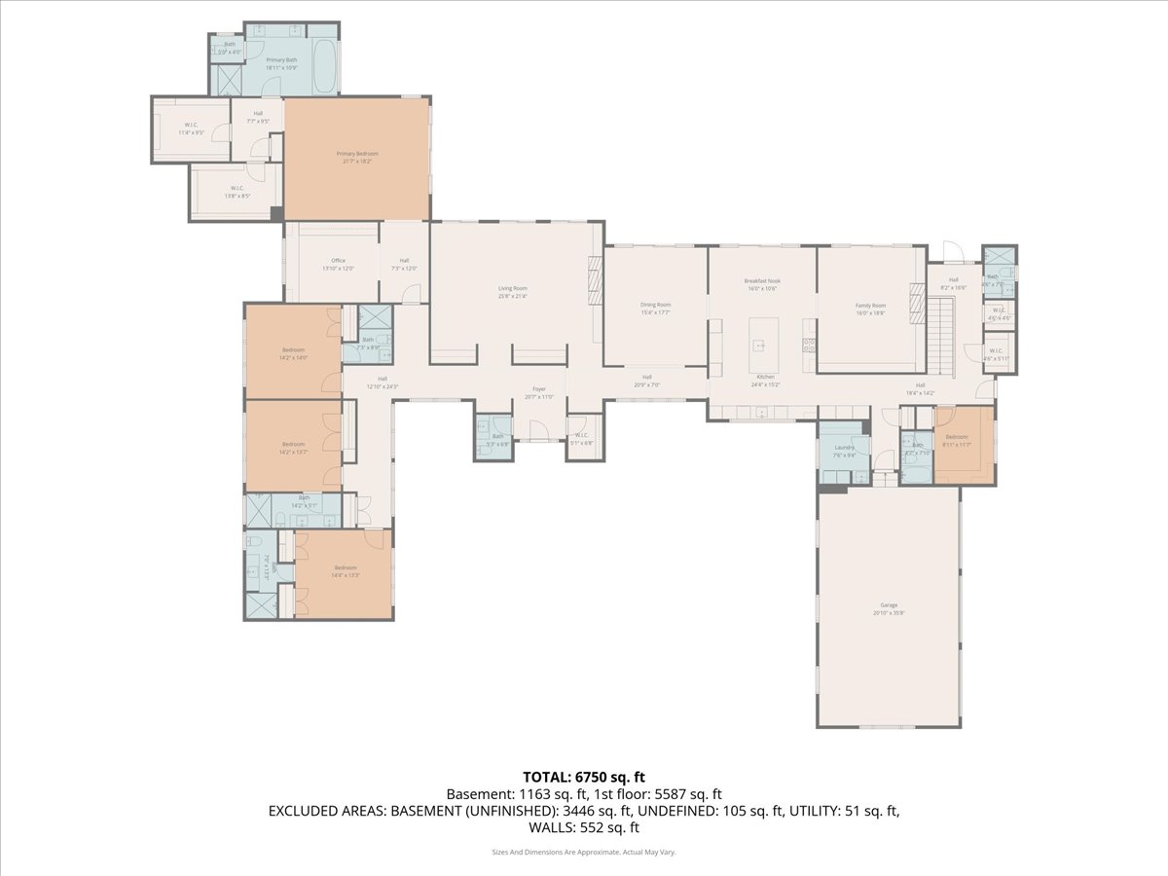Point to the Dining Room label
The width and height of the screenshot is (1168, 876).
pyautogui.click(x=655, y=308)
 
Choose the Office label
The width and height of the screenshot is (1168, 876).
pyautogui.click(x=338, y=264)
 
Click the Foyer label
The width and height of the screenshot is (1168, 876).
pyautogui.click(x=538, y=392)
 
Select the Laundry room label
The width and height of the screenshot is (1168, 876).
pyautogui.click(x=844, y=451)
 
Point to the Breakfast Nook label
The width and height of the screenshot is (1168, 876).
pyautogui.click(x=763, y=284)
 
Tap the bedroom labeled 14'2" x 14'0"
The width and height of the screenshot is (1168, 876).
pyautogui.click(x=293, y=353)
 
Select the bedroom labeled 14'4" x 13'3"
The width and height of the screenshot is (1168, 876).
pyautogui.click(x=346, y=570)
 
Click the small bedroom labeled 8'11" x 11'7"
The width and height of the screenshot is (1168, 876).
pyautogui.click(x=957, y=440)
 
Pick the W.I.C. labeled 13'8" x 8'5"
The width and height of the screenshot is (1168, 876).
pyautogui.click(x=237, y=192)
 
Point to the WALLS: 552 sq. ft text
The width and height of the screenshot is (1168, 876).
pyautogui.click(x=584, y=827)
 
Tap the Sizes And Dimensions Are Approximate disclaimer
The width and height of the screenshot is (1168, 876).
pyautogui.click(x=584, y=852)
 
